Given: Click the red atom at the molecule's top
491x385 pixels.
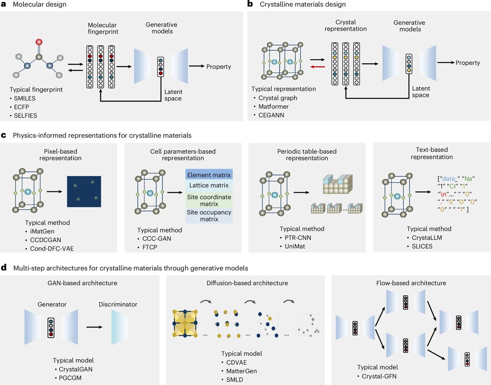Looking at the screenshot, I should click(x=39, y=42).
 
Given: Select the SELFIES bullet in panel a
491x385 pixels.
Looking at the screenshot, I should click(x=25, y=115).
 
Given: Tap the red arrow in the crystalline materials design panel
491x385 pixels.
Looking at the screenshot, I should click(x=317, y=67).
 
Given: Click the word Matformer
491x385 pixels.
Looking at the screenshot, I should click(x=273, y=106).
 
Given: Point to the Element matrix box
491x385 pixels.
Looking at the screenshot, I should click(x=209, y=175).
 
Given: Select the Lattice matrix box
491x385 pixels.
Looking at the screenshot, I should click(x=209, y=185).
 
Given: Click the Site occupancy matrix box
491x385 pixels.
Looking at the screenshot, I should click(x=209, y=216).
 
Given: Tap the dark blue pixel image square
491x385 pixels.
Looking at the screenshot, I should click(x=84, y=191).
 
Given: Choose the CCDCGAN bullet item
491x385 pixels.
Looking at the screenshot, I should click(x=45, y=240).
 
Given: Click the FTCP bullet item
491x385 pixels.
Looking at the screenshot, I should click(x=150, y=247).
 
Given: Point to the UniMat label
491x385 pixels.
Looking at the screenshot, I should click(x=295, y=246).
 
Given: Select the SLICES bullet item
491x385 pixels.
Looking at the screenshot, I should click(x=422, y=246).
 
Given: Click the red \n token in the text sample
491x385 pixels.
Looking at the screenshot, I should click(x=443, y=194).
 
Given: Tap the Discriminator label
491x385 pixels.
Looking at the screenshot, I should click(x=118, y=304).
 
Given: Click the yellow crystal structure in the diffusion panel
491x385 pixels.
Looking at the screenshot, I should click(x=185, y=323).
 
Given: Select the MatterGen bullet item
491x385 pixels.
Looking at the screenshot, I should click(x=241, y=371).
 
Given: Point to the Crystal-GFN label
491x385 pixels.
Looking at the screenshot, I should click(x=379, y=376).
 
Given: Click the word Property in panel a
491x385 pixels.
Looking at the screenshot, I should click(x=219, y=66).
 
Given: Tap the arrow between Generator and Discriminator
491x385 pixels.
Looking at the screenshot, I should click(x=94, y=327).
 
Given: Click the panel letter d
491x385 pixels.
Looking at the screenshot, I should click(x=4, y=267).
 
